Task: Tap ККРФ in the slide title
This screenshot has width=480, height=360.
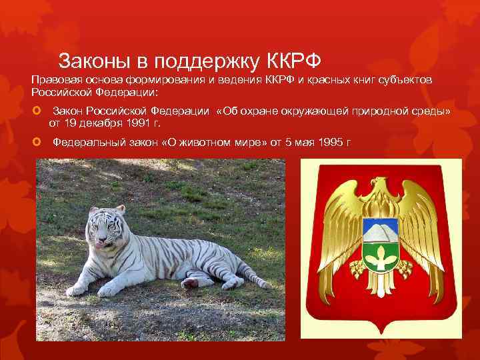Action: (x=294, y=61)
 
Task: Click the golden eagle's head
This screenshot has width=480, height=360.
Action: (x=379, y=185)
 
